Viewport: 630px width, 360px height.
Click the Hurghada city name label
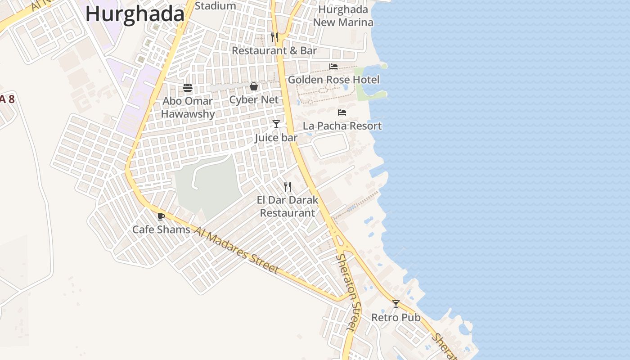tap(135, 14)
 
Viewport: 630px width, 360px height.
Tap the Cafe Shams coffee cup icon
tap(161, 216)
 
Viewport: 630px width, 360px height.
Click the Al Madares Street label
tap(237, 250)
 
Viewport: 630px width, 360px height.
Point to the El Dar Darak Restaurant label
tap(288, 206)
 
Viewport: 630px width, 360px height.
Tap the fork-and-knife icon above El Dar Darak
tap(288, 186)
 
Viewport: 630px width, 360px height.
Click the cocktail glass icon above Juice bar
tap(276, 124)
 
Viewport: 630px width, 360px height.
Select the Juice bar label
tap(276, 137)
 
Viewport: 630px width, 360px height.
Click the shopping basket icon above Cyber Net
tap(254, 86)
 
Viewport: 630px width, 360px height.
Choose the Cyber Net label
tap(254, 99)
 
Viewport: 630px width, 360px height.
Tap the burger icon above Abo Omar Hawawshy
tap(188, 87)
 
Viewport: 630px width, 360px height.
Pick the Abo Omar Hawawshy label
tap(188, 107)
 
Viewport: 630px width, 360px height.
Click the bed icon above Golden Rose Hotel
tap(333, 67)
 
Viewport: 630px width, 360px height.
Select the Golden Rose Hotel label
tap(333, 80)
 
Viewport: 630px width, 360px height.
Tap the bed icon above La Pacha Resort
tap(342, 112)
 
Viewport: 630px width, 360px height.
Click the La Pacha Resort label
tap(342, 126)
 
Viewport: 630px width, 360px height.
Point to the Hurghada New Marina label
tap(343, 16)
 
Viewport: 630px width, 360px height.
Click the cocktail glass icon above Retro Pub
tap(396, 304)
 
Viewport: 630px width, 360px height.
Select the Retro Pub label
tap(396, 317)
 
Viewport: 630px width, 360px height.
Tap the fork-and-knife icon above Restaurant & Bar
tap(274, 37)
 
